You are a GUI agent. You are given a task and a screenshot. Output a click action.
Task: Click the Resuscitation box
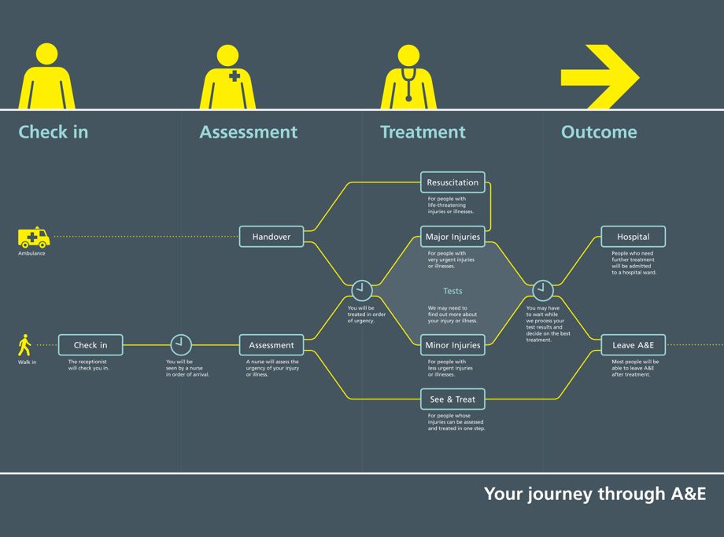point(452,182)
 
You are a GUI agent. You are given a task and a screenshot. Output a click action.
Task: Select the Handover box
point(271,237)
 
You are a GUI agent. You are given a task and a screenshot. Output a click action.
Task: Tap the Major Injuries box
point(452,237)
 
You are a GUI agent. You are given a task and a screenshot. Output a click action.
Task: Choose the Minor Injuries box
point(452,345)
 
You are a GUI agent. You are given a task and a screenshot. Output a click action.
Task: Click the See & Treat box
point(452,399)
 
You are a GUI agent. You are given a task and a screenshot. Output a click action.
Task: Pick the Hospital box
point(633,237)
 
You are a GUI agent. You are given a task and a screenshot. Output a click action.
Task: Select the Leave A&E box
point(633,345)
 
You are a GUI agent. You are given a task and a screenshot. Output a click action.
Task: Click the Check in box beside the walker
point(90,345)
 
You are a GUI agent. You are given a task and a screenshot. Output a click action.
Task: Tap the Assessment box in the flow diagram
point(271,345)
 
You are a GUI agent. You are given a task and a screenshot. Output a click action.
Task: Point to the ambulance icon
point(34,237)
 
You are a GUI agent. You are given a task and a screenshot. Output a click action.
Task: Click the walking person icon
point(25,345)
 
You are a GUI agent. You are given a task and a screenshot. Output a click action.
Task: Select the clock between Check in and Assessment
point(181,345)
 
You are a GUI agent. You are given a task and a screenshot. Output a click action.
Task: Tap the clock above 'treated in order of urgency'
point(361,290)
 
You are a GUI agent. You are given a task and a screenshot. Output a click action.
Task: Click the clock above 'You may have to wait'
point(543,290)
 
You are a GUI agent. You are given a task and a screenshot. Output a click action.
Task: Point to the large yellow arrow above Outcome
point(600,77)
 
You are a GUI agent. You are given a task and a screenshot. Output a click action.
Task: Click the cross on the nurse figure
point(235,76)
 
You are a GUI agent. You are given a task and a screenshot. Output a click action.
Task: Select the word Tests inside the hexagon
point(452,291)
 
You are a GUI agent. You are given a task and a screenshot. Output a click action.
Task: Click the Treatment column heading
point(423,132)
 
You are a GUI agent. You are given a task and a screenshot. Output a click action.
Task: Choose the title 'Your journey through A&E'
point(594,495)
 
